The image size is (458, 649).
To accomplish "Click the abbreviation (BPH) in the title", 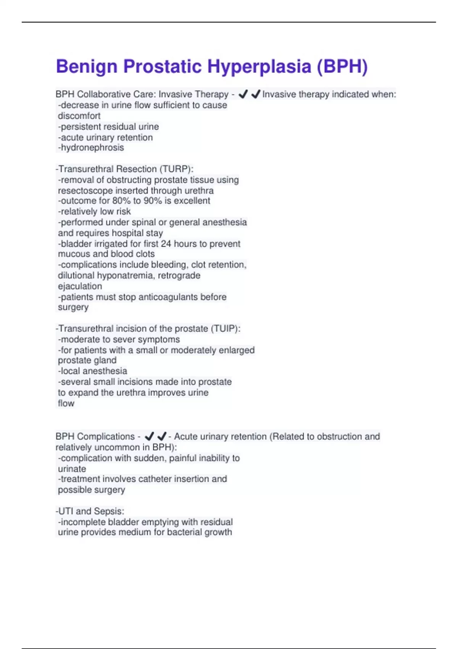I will [342, 67].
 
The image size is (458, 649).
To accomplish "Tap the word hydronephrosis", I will [92, 148].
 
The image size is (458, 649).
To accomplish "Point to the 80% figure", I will [121, 201].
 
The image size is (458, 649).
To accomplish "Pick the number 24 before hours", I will [166, 244].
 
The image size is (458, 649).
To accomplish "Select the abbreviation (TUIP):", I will [225, 329].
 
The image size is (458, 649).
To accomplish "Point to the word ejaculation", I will [80, 286].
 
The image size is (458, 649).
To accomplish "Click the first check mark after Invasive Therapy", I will [243, 94].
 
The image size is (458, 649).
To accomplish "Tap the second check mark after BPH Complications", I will [162, 436].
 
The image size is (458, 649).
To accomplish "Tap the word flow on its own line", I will [66, 404].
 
